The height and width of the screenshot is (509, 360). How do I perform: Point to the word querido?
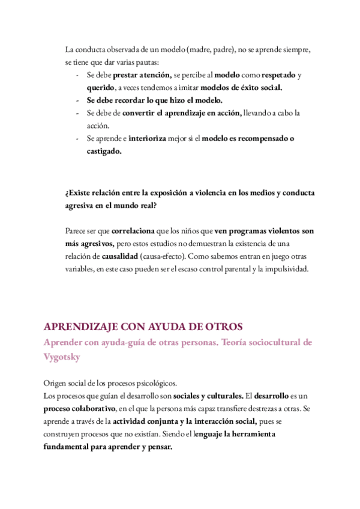pos(99,88)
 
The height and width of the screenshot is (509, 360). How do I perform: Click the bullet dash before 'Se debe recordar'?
pos(78,100)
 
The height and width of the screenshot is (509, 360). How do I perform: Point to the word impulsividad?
pos(286,268)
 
